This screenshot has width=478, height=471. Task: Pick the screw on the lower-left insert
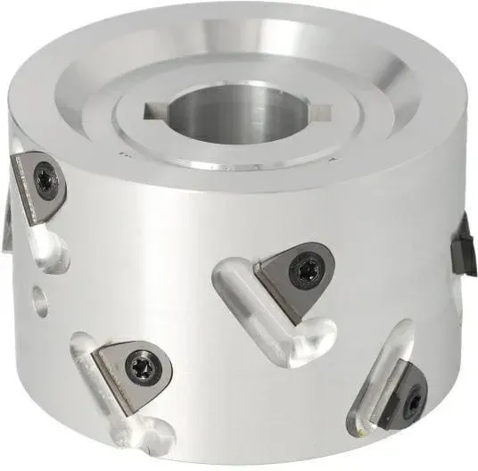tap(140, 364)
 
